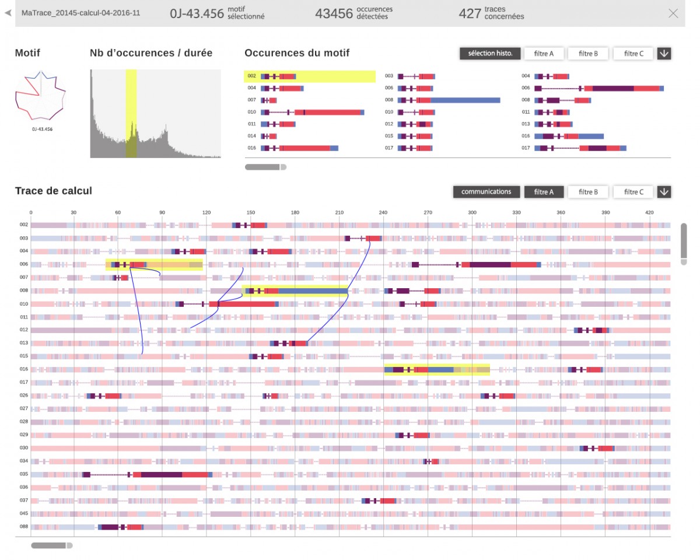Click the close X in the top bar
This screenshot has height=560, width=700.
tap(673, 13)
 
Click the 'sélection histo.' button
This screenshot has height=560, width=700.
tap(490, 54)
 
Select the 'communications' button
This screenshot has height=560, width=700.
tap(486, 191)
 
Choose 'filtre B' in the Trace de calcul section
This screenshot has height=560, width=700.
tap(588, 191)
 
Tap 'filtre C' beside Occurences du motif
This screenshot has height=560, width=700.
tap(633, 54)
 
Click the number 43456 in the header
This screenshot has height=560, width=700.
tap(334, 13)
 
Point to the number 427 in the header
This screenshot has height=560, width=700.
tap(470, 13)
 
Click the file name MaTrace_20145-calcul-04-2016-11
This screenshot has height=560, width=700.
tap(81, 13)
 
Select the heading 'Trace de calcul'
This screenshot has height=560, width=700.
tap(54, 191)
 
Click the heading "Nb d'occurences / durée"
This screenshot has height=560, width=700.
tap(151, 53)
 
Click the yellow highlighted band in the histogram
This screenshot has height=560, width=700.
tap(131, 113)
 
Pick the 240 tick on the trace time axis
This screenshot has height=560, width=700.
tap(383, 212)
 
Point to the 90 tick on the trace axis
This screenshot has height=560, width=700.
tap(162, 212)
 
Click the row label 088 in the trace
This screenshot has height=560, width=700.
tap(24, 527)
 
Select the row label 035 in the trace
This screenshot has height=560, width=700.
tap(24, 474)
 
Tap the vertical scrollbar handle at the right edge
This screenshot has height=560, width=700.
tap(684, 243)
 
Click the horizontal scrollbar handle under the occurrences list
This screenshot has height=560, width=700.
tap(265, 167)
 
